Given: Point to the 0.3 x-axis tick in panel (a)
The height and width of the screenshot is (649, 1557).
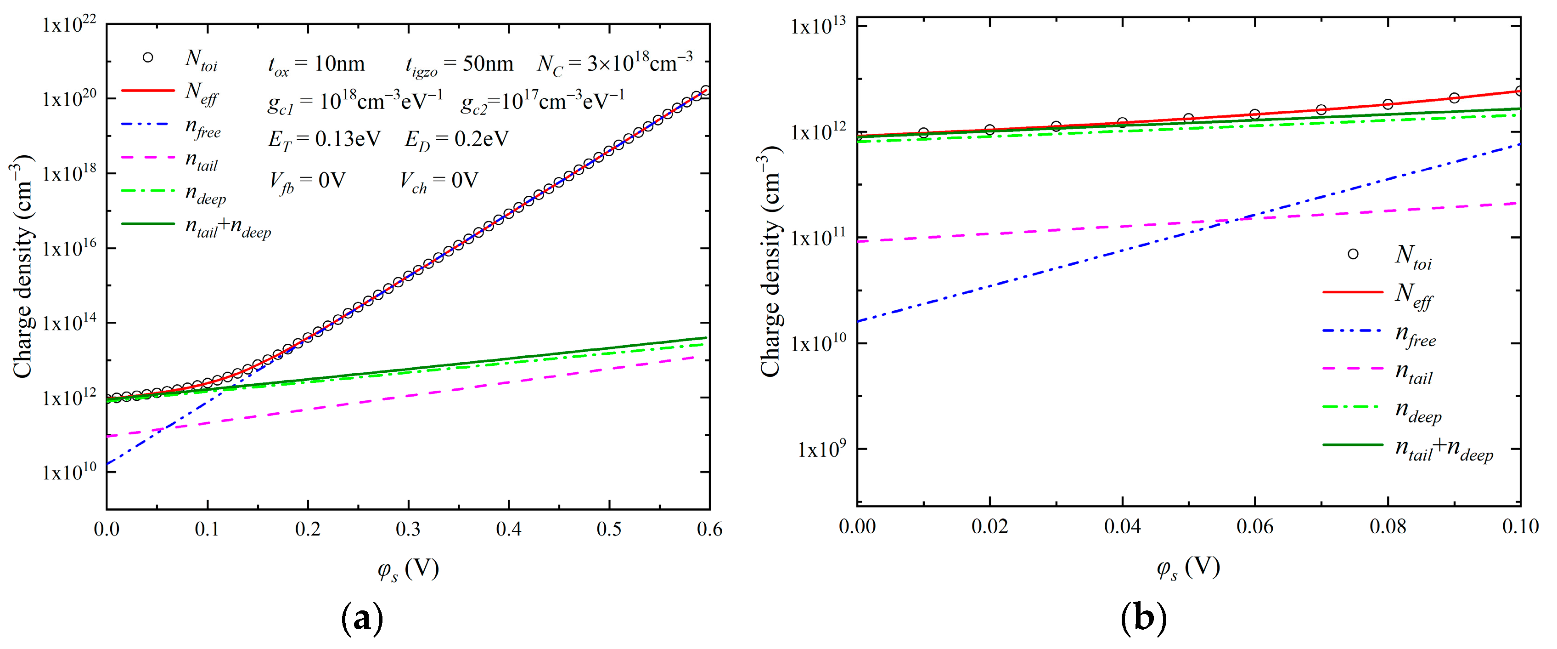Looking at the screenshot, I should (409, 529).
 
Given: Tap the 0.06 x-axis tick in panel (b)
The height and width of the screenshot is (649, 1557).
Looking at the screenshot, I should (1255, 527).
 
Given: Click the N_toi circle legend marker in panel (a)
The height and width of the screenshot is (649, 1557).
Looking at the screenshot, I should (147, 57).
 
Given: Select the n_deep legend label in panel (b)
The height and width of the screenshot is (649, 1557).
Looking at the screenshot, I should (1417, 412).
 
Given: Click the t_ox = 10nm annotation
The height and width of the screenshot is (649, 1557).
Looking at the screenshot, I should (316, 65).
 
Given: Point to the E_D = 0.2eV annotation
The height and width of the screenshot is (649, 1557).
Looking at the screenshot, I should (456, 140).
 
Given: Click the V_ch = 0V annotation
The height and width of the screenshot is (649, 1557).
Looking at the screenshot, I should (439, 181).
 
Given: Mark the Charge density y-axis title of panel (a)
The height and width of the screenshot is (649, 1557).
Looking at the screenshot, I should (23, 266).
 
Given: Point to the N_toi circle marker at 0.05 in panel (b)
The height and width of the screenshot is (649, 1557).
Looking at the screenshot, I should (1188, 119).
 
